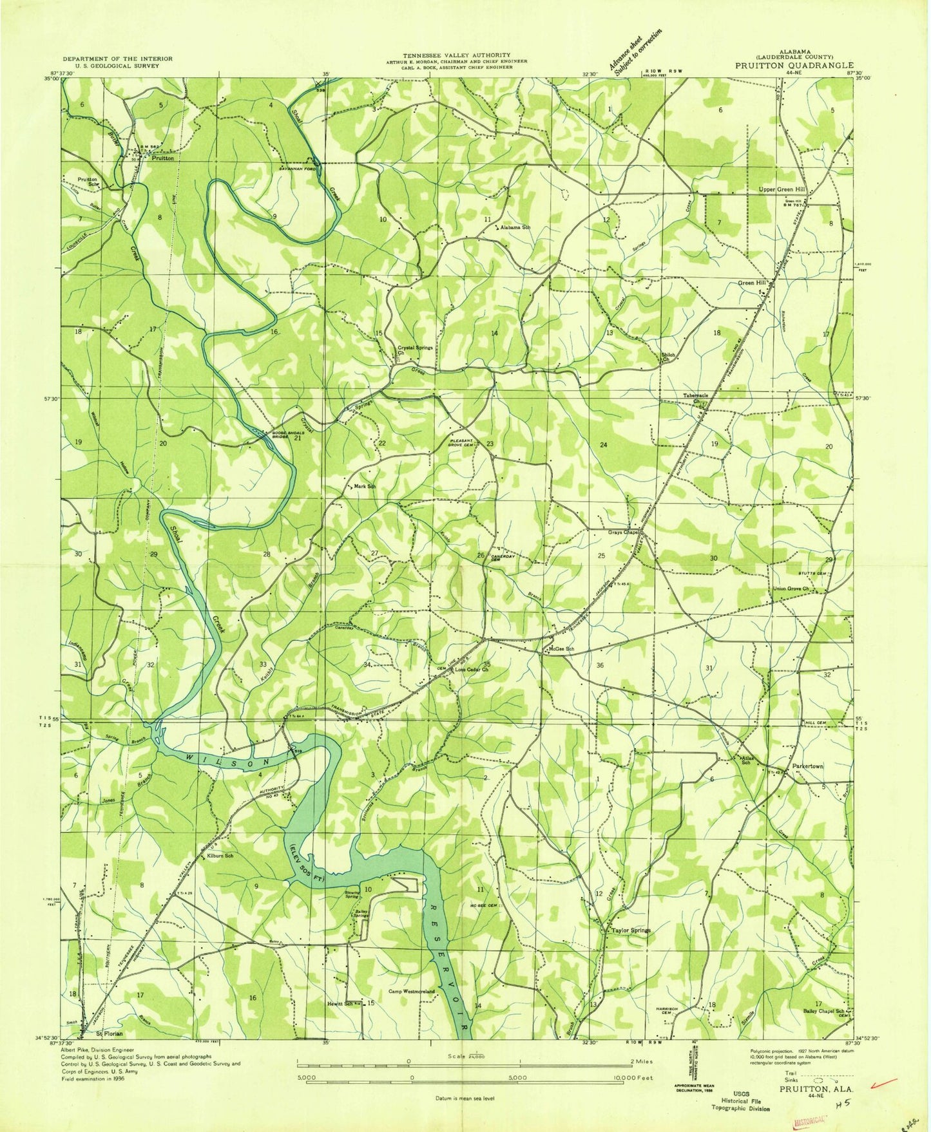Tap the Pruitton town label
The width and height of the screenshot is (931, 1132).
(162, 158)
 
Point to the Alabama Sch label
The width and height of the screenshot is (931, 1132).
(515, 228)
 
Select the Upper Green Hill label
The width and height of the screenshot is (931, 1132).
(782, 189)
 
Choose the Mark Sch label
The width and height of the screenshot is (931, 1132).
(364, 486)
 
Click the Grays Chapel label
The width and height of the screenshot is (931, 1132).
(622, 533)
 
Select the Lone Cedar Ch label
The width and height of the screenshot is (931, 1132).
(472, 670)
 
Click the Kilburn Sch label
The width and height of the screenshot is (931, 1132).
(220, 856)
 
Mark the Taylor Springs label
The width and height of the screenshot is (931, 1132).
(631, 930)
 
